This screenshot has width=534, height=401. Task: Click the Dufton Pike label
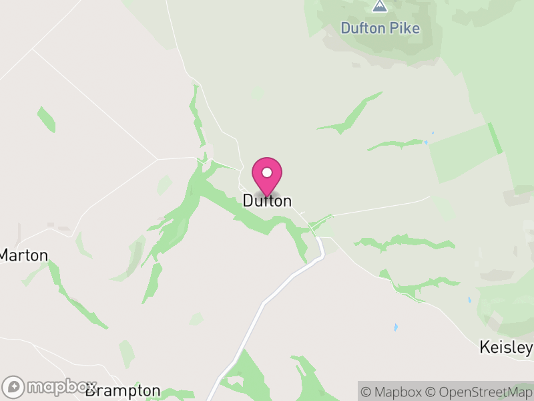(380, 28)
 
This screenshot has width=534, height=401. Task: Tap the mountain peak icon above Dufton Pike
(380, 7)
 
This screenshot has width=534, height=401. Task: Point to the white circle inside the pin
(267, 172)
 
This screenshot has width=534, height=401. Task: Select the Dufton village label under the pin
(267, 200)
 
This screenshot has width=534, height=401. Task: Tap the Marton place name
(23, 255)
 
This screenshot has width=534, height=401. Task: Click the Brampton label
(123, 390)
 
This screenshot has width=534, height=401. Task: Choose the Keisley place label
(506, 348)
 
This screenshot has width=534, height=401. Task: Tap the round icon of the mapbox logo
(14, 387)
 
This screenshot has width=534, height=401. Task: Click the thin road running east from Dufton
(374, 208)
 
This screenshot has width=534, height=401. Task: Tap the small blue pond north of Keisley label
(396, 327)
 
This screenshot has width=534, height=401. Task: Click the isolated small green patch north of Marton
(46, 119)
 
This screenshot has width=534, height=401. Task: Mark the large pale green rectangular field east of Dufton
(463, 152)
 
